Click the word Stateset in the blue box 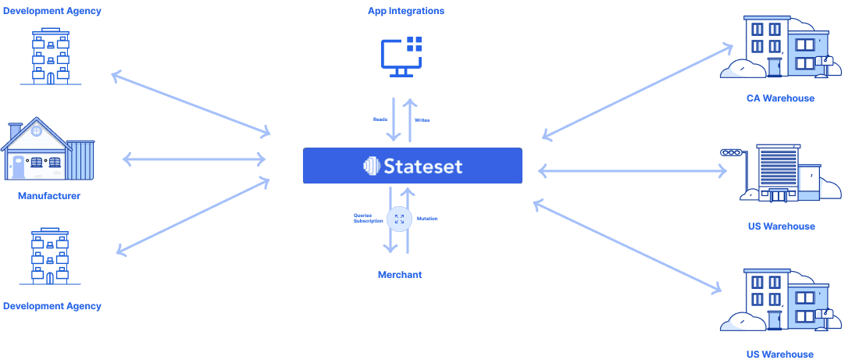[x=424, y=166]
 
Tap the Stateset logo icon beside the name [x=371, y=166]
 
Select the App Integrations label [x=406, y=11]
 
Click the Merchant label [x=400, y=275]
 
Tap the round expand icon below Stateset [x=399, y=219]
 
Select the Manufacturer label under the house [x=48, y=195]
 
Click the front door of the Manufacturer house [x=18, y=166]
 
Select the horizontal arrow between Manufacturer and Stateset [x=194, y=160]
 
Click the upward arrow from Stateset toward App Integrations [x=408, y=119]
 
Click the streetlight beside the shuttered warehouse [x=732, y=155]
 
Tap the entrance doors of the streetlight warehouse [x=779, y=194]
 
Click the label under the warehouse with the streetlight [x=780, y=226]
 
